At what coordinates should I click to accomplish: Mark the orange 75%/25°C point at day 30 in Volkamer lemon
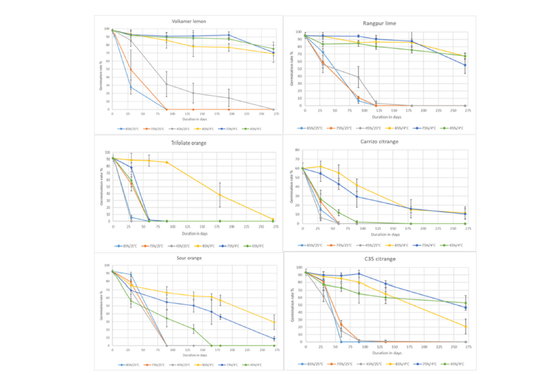[130, 69]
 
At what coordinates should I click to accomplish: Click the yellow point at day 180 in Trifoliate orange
[220, 195]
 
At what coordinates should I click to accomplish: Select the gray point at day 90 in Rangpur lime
[358, 77]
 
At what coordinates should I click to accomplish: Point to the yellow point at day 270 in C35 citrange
[466, 326]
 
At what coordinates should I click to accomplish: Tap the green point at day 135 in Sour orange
[194, 328]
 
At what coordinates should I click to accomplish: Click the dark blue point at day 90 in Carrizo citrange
[357, 196]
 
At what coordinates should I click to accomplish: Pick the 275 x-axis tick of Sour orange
[275, 350]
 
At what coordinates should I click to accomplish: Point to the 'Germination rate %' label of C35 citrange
[291, 304]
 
